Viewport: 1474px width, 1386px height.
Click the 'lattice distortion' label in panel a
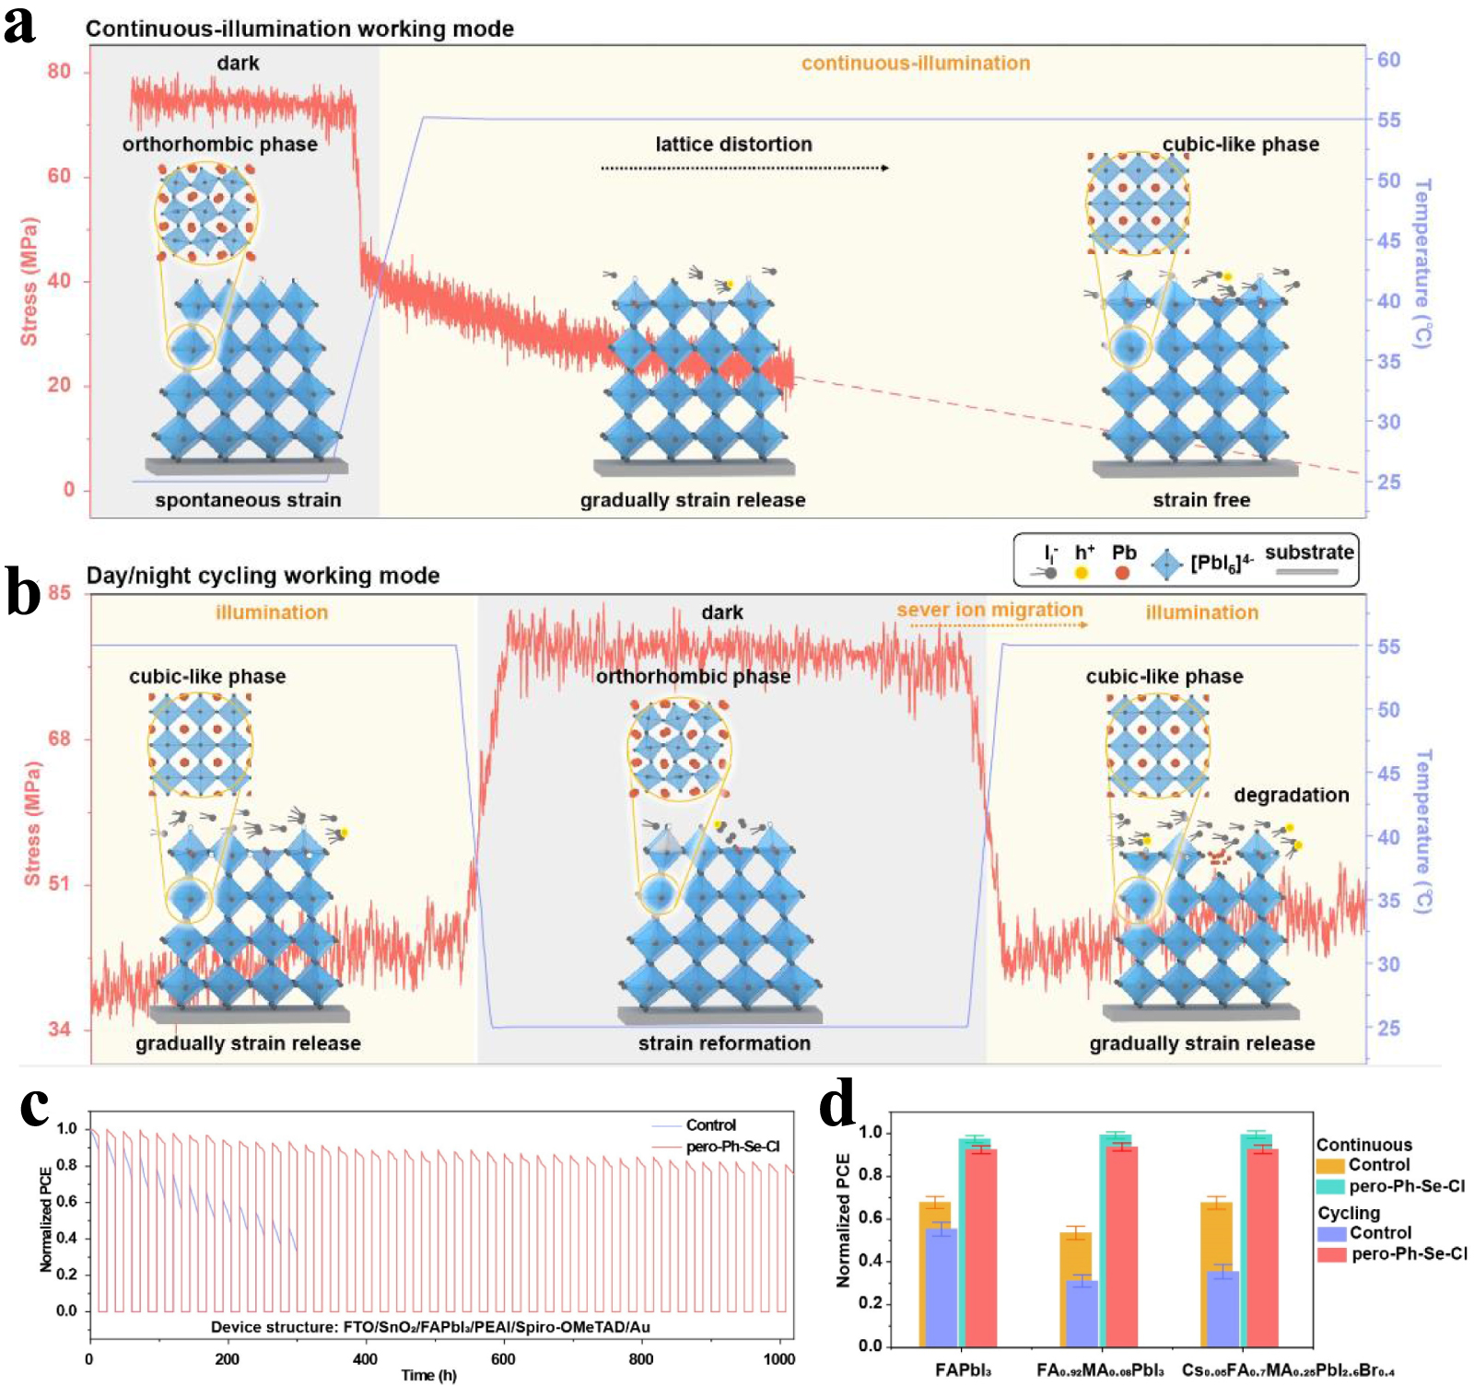(733, 145)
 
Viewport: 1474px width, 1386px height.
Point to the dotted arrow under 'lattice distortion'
(744, 169)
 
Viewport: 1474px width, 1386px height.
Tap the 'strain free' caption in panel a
(1201, 500)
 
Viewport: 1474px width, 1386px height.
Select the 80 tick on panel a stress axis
(59, 72)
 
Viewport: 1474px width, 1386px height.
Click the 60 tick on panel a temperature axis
(1388, 60)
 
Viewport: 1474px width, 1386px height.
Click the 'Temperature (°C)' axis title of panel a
(1422, 264)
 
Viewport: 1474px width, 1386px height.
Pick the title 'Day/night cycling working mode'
(263, 576)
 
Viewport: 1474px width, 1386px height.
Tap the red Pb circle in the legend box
(1122, 573)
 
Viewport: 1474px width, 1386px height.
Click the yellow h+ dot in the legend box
(1082, 573)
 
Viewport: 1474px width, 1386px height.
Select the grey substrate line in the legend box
(1306, 572)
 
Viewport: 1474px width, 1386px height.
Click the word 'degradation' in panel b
(1291, 795)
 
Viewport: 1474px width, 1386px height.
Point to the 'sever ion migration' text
(989, 610)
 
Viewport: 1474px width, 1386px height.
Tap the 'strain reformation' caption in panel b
(724, 1043)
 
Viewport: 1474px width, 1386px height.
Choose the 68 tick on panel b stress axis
(59, 739)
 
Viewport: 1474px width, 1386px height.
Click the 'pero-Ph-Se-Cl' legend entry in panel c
(732, 1147)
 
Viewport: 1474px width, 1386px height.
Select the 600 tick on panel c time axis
(503, 1359)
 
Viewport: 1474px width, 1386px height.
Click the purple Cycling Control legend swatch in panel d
(1331, 1234)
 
